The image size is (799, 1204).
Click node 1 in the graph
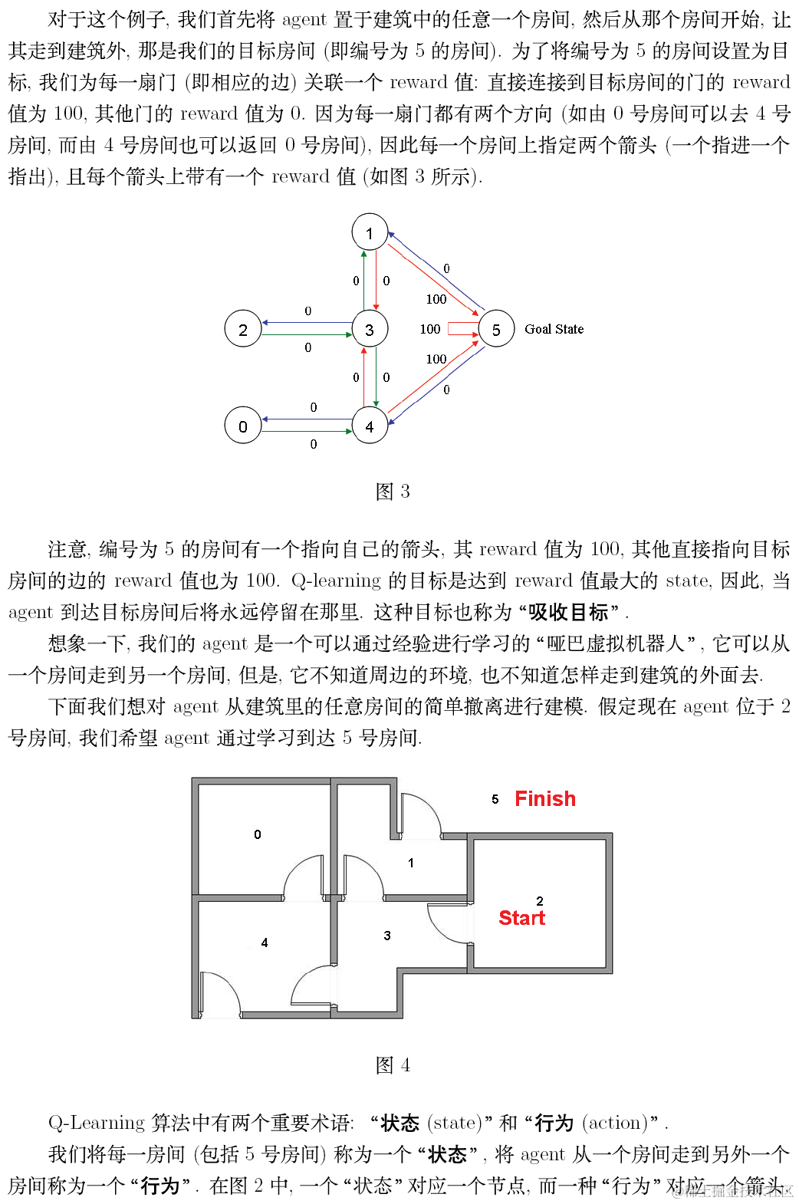point(370,232)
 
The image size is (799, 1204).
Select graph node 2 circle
point(242,329)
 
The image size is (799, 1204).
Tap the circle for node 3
point(370,329)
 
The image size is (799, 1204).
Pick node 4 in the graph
point(370,426)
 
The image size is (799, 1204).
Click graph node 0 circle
point(242,426)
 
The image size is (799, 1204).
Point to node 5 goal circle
point(496,329)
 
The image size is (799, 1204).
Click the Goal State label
point(554,329)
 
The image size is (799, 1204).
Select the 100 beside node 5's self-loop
point(430,329)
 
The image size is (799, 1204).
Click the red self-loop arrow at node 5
point(462,329)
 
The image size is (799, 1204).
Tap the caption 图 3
point(393,491)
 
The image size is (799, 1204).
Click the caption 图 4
point(393,1064)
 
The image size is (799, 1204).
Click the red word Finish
point(544,798)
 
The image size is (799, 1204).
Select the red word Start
point(521,918)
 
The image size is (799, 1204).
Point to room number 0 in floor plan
point(258,834)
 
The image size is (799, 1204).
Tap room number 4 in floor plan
point(265,942)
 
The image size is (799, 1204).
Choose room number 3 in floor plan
point(387,935)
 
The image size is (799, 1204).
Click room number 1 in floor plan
point(411,863)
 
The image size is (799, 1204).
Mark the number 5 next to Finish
point(495,799)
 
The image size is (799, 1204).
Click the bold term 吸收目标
point(568,612)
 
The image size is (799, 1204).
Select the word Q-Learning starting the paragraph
point(96,1123)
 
